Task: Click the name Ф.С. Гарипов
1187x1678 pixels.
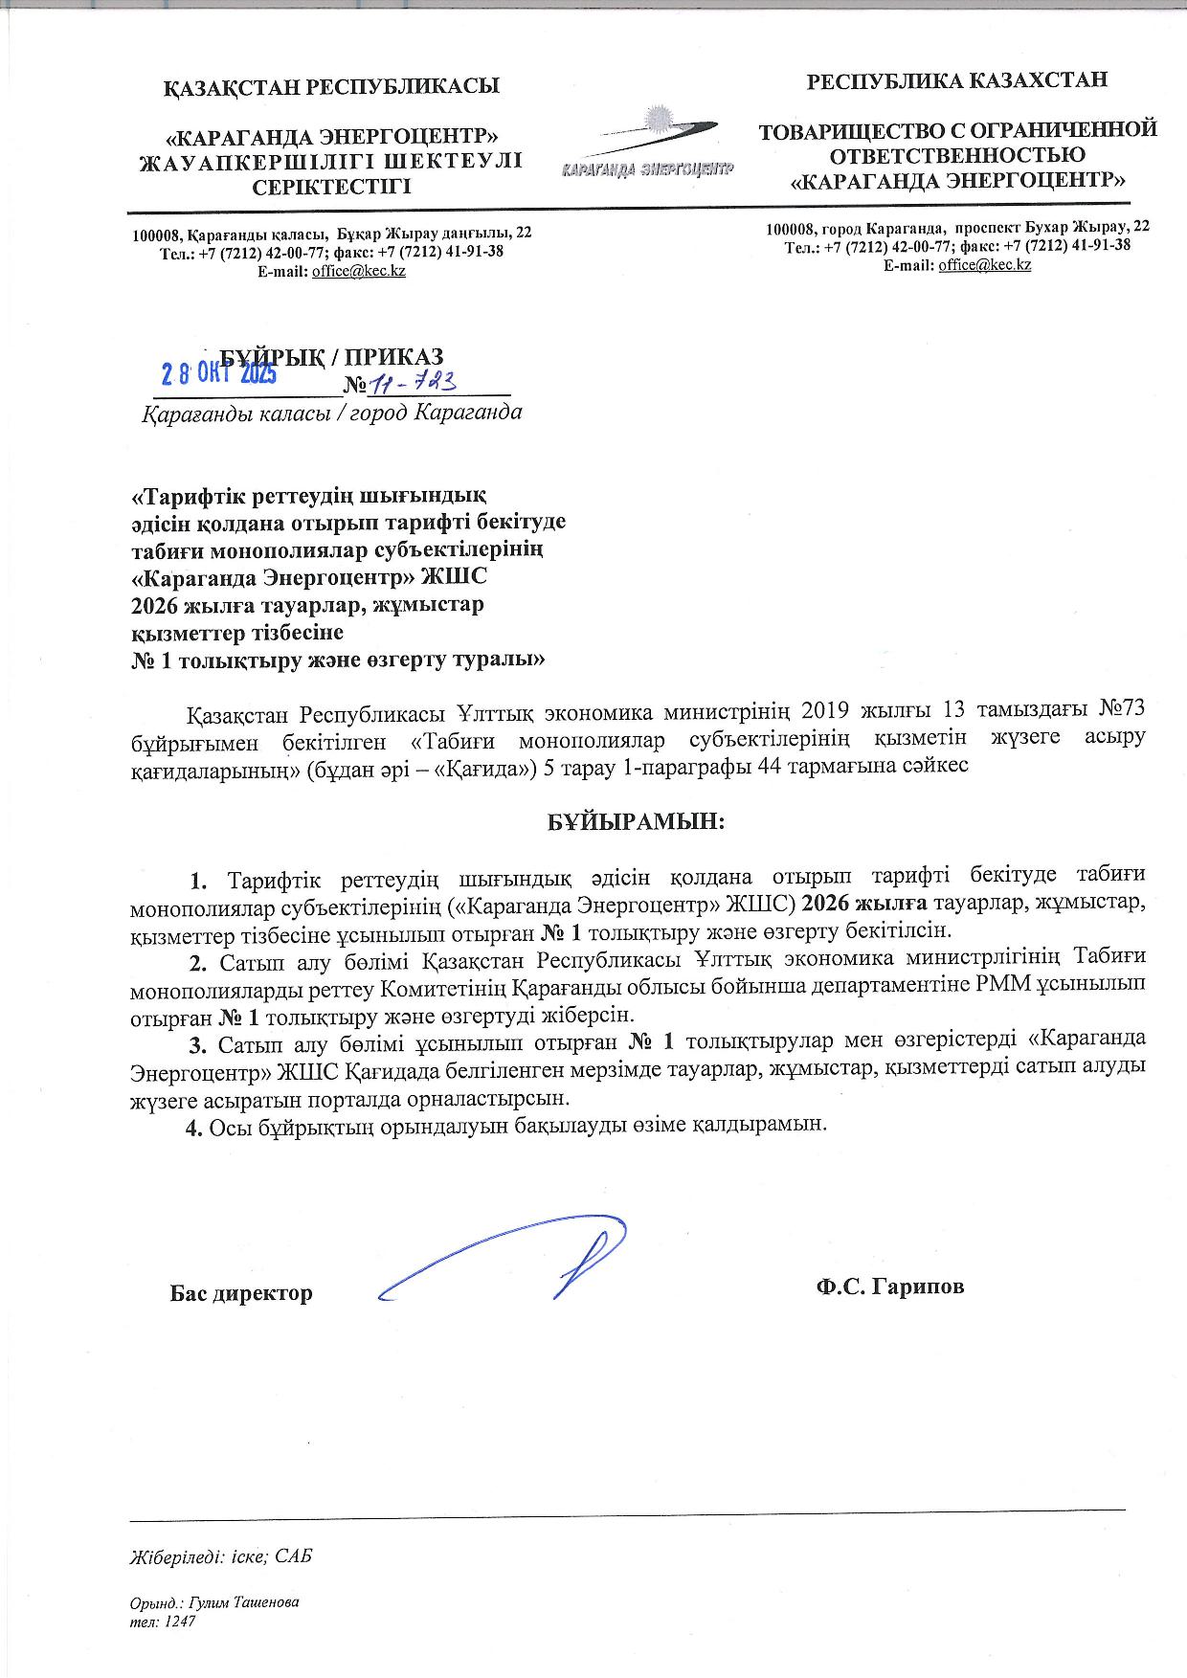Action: [x=889, y=1286]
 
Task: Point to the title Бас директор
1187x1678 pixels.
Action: [x=241, y=1293]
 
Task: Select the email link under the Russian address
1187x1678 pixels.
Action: [x=984, y=264]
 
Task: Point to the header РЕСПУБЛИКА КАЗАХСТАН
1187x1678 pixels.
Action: [x=957, y=80]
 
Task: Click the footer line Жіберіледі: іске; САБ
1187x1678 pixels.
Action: [x=221, y=1556]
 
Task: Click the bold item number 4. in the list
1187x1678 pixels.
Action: [x=194, y=1125]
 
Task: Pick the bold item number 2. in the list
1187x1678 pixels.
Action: [x=199, y=961]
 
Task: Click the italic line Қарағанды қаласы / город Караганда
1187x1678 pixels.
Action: [x=331, y=414]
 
